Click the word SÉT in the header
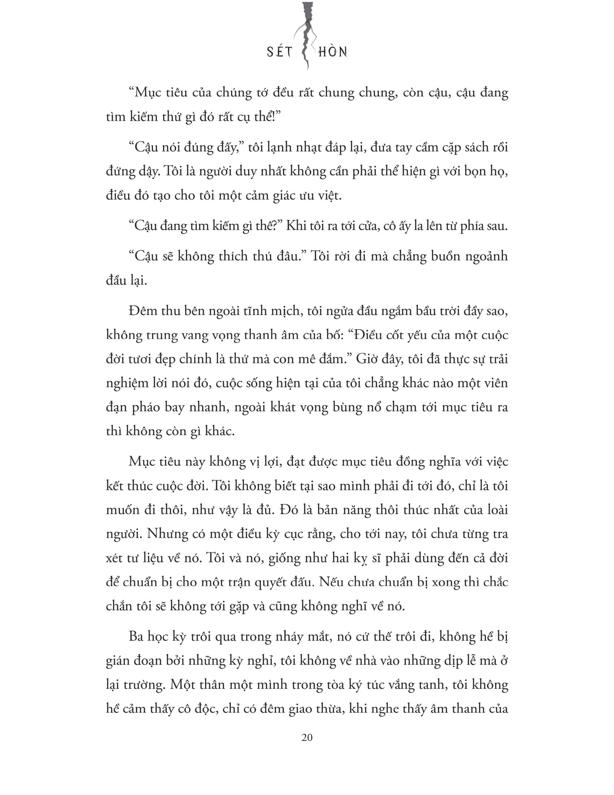279,52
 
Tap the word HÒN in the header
332,52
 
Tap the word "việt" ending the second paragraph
329,196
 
